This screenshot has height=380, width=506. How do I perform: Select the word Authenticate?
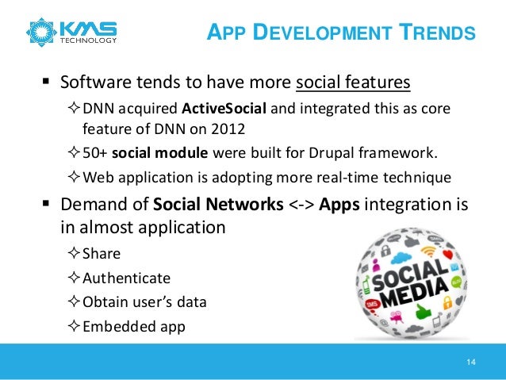pos(126,278)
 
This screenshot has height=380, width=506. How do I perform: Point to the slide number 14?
pos(471,363)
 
